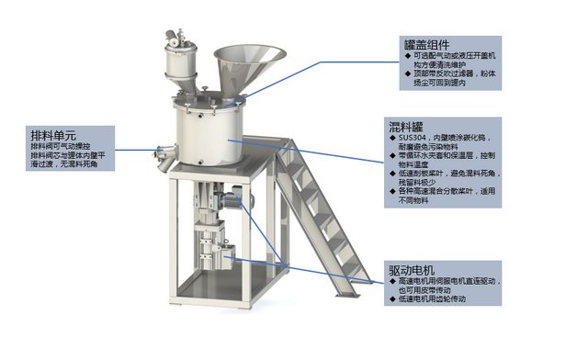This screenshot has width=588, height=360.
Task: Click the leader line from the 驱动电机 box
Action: tap(312, 271)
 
